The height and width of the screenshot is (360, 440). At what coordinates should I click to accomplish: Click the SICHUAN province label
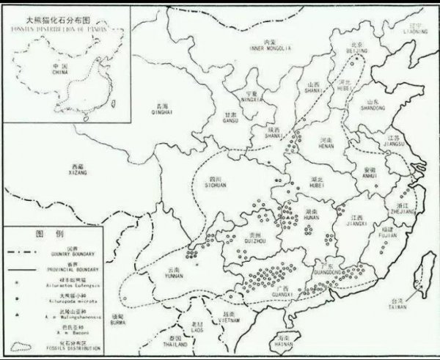[215, 185]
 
